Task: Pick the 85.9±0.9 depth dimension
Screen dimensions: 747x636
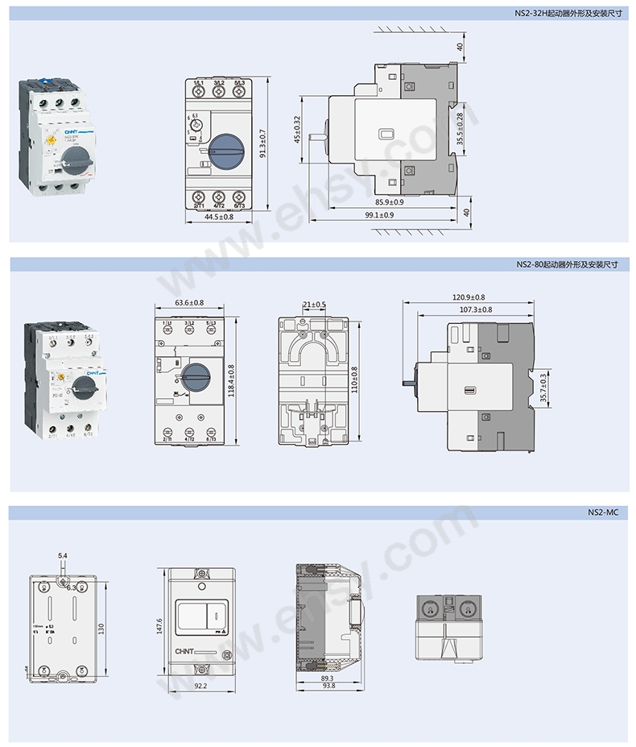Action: (x=389, y=202)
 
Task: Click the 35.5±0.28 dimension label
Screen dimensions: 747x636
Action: (x=460, y=128)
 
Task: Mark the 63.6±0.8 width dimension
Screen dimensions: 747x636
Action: (x=189, y=303)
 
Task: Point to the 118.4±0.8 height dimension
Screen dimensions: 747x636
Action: (x=230, y=380)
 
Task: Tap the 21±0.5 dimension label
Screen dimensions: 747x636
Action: (x=314, y=304)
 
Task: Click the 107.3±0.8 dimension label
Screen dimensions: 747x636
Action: (x=476, y=309)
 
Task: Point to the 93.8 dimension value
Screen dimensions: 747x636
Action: (x=327, y=686)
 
